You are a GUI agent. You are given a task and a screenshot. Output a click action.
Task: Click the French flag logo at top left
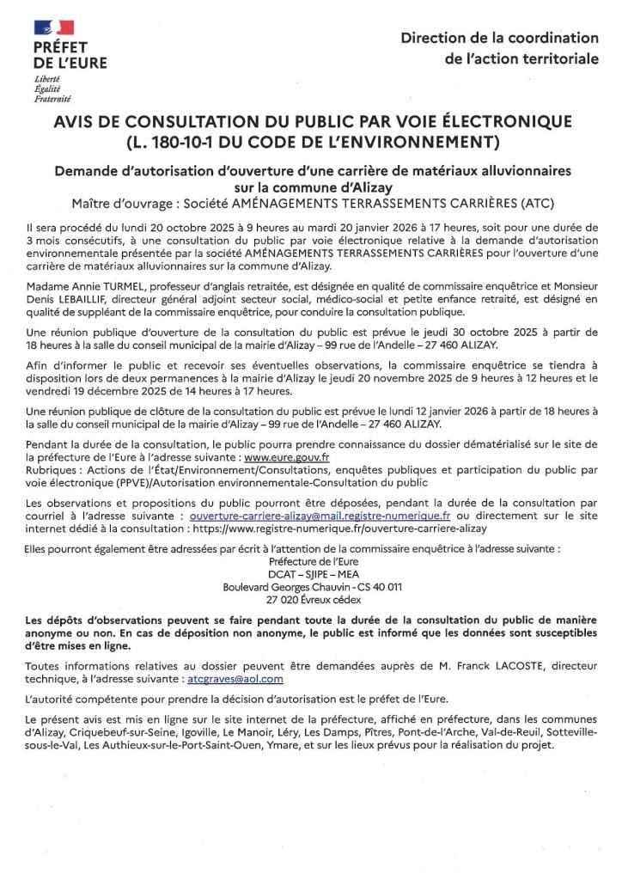click(x=53, y=29)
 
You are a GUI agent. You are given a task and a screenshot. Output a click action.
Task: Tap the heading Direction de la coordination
click(x=500, y=38)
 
